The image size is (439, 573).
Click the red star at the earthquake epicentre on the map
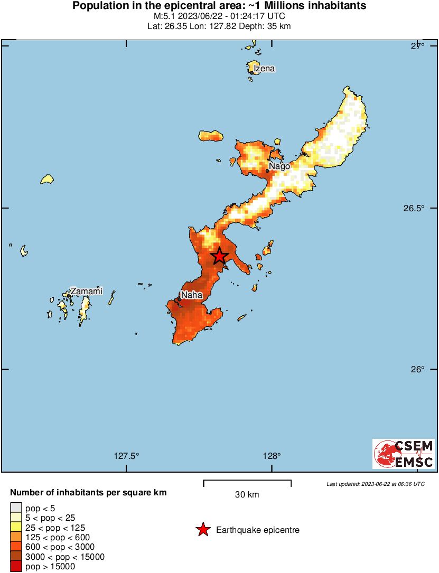220,256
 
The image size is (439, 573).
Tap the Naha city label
191,295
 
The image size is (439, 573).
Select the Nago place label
279,166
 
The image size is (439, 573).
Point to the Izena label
264,69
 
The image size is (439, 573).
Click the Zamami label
86,291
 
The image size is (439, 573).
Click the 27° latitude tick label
418,46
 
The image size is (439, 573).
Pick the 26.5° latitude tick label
415,208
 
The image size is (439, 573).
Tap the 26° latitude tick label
418,369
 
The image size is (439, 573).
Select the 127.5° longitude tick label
127,456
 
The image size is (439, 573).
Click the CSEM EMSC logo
404,454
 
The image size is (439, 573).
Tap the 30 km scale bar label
247,495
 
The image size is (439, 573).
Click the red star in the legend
203,530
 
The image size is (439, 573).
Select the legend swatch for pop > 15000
16,566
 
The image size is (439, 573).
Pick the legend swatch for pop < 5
16,508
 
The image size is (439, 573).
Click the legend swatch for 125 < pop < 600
16,537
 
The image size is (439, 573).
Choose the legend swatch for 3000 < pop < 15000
16,557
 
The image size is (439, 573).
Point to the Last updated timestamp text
375,483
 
